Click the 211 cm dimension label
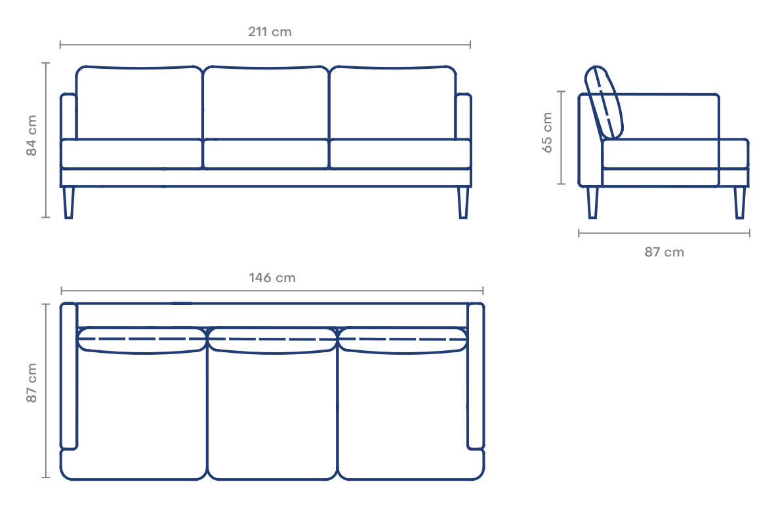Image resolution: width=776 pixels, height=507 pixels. point(270,32)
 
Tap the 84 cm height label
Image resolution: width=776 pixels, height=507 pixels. point(31,136)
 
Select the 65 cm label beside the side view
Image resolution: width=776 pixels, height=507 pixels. point(547,132)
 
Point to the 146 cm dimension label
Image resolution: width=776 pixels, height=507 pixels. point(272,278)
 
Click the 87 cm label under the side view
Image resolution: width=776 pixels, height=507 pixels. point(664,253)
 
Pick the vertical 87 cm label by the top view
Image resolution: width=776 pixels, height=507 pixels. point(31,383)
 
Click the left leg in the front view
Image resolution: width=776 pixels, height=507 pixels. point(69,202)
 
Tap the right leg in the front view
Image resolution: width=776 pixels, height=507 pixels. point(462,202)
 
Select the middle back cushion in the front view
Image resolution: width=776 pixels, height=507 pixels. point(266,103)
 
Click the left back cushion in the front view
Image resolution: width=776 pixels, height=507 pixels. point(139,103)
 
